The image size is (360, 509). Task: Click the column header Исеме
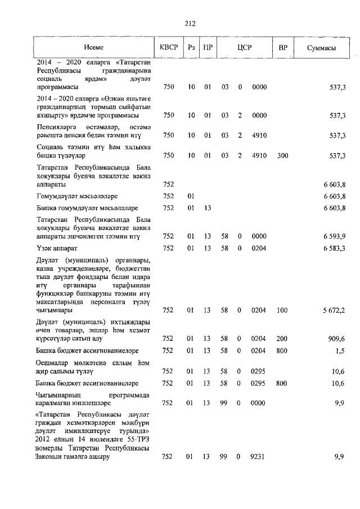click(x=94, y=48)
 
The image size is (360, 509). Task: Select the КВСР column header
click(x=168, y=48)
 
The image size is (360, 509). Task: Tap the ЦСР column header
click(x=244, y=48)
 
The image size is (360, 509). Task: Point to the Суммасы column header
click(x=322, y=48)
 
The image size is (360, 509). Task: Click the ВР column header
click(x=282, y=48)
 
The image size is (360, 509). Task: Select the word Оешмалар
click(x=53, y=363)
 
